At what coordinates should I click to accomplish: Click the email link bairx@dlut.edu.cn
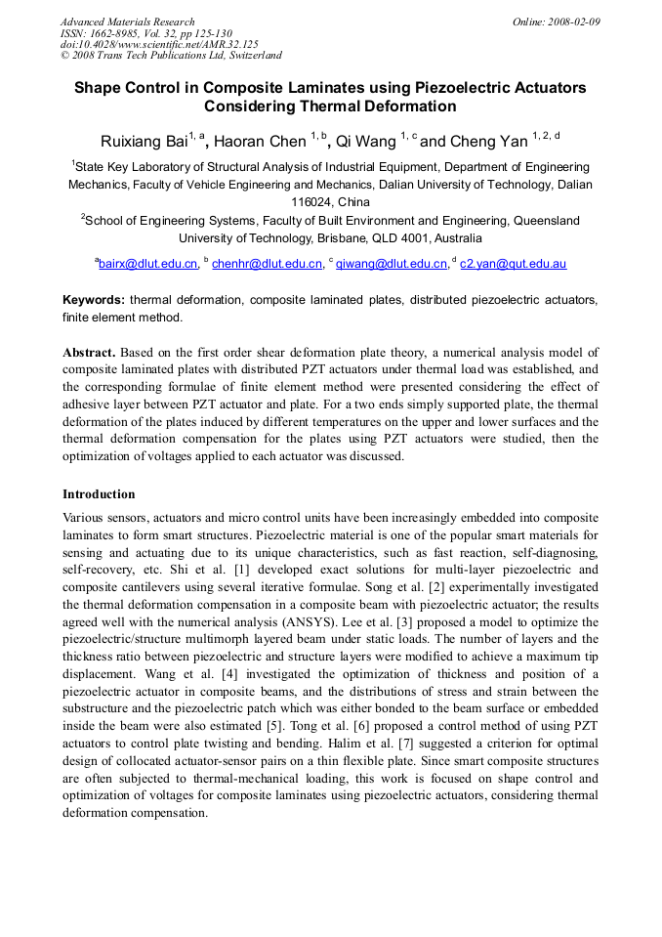pyautogui.click(x=147, y=264)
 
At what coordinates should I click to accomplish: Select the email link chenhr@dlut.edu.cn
pyautogui.click(x=267, y=264)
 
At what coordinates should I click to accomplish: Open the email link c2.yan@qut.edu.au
pyautogui.click(x=513, y=264)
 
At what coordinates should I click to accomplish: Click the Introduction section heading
pyautogui.click(x=99, y=494)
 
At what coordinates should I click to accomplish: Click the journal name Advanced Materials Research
pyautogui.click(x=128, y=21)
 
